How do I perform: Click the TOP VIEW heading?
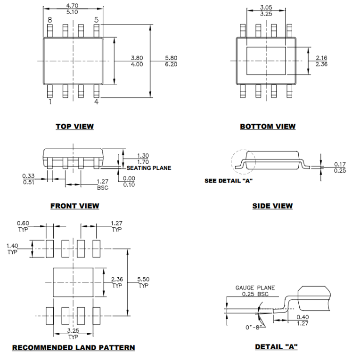click(x=74, y=126)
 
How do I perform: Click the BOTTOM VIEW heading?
click(x=268, y=126)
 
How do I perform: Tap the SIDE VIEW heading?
click(x=273, y=206)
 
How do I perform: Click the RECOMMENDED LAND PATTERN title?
click(x=74, y=347)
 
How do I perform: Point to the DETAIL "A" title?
click(x=276, y=347)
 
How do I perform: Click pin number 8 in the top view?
click(x=49, y=20)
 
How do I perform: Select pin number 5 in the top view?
click(x=96, y=20)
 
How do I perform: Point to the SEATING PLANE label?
click(x=148, y=168)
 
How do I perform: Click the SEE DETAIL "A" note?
click(x=229, y=180)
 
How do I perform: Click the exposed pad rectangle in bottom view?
click(x=267, y=61)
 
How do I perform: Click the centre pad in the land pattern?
click(x=74, y=282)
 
